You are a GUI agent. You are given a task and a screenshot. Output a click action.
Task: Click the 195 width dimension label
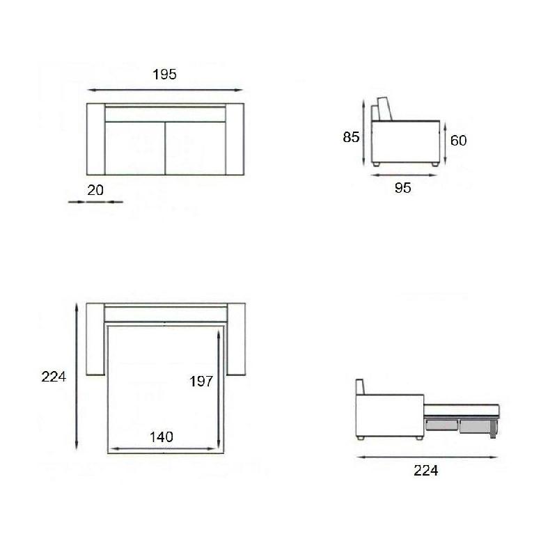pyautogui.click(x=165, y=74)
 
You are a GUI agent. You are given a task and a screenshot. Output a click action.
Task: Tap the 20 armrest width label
pyautogui.click(x=96, y=189)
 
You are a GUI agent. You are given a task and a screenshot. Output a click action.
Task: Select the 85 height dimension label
pyautogui.click(x=351, y=137)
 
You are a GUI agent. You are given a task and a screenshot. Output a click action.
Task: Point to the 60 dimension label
pyautogui.click(x=458, y=141)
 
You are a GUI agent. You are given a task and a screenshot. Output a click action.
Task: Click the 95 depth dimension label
pyautogui.click(x=403, y=188)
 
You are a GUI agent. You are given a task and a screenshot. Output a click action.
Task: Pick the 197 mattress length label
pyautogui.click(x=201, y=381)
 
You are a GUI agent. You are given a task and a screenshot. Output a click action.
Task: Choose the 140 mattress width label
pyautogui.click(x=161, y=437)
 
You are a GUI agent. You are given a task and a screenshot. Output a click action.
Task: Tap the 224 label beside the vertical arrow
pyautogui.click(x=54, y=377)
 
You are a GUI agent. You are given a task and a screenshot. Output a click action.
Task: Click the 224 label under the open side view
pyautogui.click(x=425, y=471)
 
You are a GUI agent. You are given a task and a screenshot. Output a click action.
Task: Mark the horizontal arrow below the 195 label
pyautogui.click(x=165, y=90)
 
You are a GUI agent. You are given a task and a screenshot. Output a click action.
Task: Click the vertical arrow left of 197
pyautogui.click(x=219, y=390)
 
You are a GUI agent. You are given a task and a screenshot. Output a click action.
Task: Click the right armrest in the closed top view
pyautogui.click(x=237, y=139)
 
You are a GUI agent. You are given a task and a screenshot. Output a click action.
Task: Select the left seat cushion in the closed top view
pyautogui.click(x=134, y=148)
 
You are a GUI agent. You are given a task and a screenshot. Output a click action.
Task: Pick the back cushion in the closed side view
pyautogui.click(x=384, y=109)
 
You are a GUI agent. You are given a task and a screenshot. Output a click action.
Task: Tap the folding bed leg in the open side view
pyautogui.click(x=493, y=430)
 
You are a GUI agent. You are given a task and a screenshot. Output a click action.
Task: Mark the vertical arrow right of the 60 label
pyautogui.click(x=444, y=141)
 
